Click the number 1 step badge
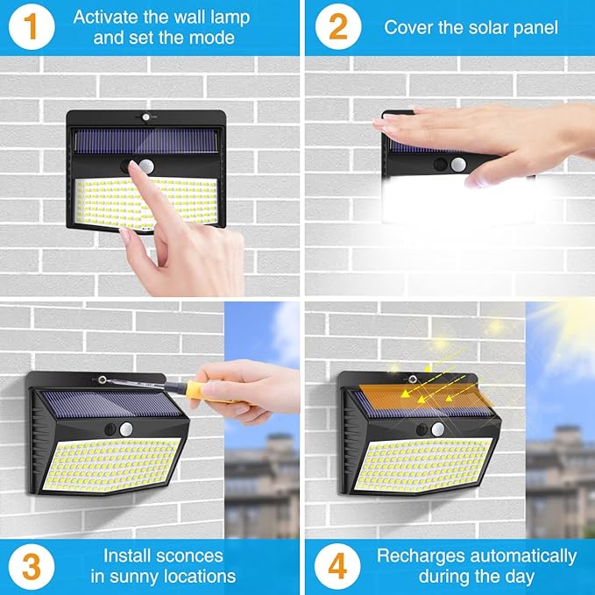pos(30,27)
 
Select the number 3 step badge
pos(30,565)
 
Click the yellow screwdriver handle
pos(198,388)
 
